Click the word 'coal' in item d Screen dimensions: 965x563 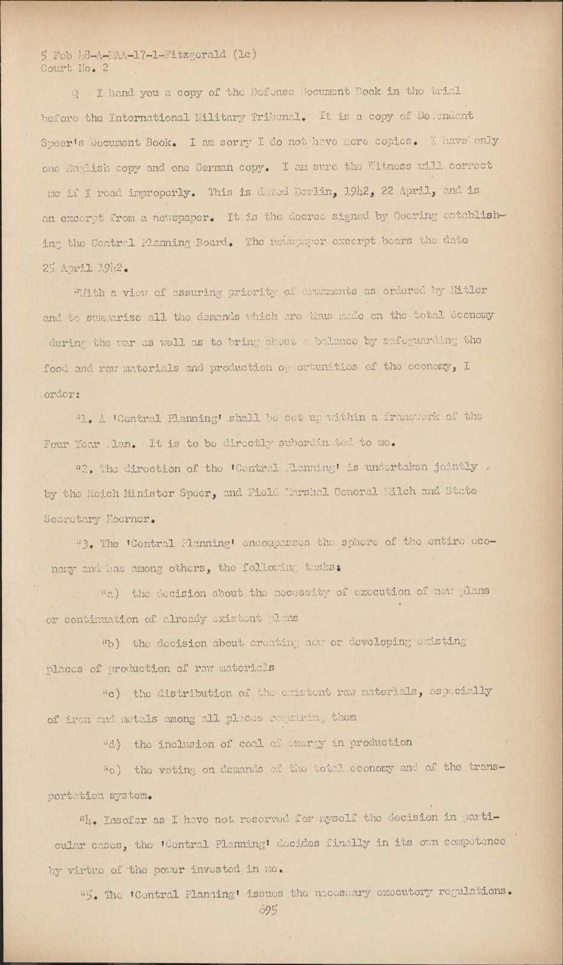click(x=240, y=743)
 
